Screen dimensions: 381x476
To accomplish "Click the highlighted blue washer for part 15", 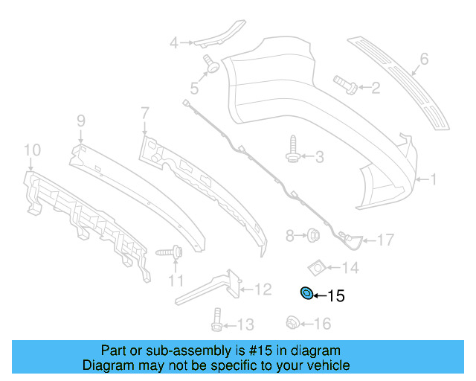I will pos(306,293).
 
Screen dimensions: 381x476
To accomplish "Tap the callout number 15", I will pos(335,296).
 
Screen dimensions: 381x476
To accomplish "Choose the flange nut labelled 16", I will pos(292,323).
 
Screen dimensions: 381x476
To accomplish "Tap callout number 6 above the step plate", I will pos(424,58).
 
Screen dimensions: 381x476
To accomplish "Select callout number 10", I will pos(30,152).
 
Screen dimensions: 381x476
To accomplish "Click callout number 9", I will pos(81,119).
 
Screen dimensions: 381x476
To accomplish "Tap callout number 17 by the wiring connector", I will pos(385,240).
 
